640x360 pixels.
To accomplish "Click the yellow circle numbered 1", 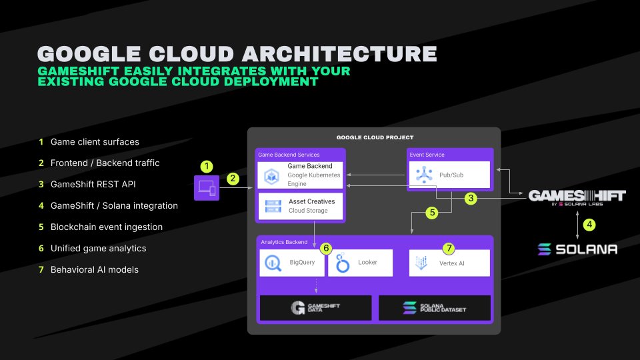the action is [x=207, y=166].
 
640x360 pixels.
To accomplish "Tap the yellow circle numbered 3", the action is [x=471, y=199].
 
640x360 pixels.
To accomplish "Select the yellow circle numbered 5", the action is [x=432, y=213].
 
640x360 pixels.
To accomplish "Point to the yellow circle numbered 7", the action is [x=449, y=248].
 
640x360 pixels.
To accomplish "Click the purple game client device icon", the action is [x=207, y=188].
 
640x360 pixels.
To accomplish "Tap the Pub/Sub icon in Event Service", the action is [x=424, y=175].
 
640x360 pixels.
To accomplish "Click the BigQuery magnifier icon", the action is [x=273, y=263].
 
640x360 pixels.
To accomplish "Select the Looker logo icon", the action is [x=343, y=263].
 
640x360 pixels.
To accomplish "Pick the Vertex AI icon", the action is [x=421, y=263].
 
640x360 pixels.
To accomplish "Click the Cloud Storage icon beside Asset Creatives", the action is [x=273, y=206].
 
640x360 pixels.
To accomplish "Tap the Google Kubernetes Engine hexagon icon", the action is [x=271, y=176].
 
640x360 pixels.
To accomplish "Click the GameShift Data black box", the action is [x=315, y=308].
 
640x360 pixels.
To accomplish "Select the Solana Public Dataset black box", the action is [x=434, y=308].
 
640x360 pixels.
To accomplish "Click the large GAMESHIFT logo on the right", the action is [x=577, y=197].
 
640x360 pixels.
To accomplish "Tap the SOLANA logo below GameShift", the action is [x=577, y=249].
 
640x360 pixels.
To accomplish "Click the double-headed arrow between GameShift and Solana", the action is [x=577, y=225].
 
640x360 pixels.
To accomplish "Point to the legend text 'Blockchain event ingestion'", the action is [x=107, y=227].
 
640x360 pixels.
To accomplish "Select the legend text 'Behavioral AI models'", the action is [x=94, y=269].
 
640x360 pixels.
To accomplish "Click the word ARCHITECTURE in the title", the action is [x=340, y=54].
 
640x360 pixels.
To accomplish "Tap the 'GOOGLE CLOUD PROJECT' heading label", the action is [x=375, y=137].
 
